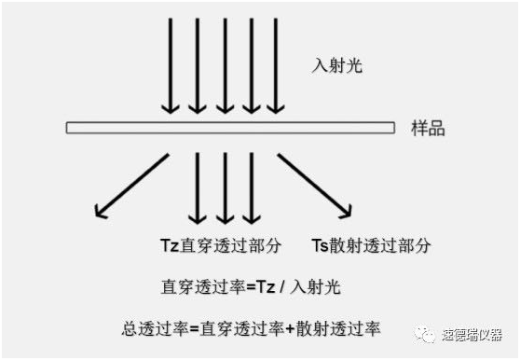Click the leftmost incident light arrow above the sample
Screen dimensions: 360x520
point(170,65)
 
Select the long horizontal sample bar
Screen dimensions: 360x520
point(233,126)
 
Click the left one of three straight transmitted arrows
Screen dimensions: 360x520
point(198,187)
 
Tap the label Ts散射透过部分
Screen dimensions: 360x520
point(370,246)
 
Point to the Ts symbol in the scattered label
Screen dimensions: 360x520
point(319,246)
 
